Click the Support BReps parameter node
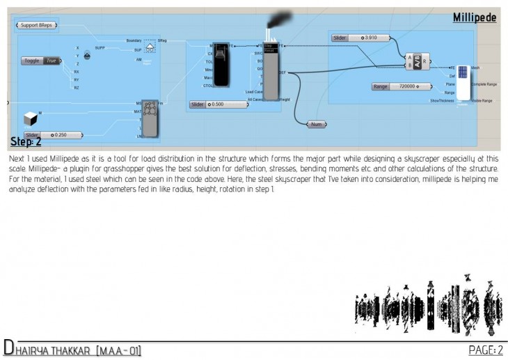click(x=37, y=26)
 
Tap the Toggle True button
click(x=41, y=61)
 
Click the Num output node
click(x=317, y=125)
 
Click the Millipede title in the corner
click(x=475, y=17)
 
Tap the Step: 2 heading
click(x=26, y=142)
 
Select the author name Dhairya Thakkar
click(x=73, y=349)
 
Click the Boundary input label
click(x=134, y=41)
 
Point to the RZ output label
click(x=77, y=88)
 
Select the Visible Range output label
click(x=482, y=100)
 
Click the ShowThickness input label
click(x=442, y=100)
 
